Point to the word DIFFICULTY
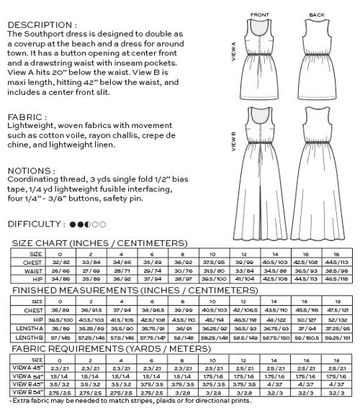click(x=30, y=224)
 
